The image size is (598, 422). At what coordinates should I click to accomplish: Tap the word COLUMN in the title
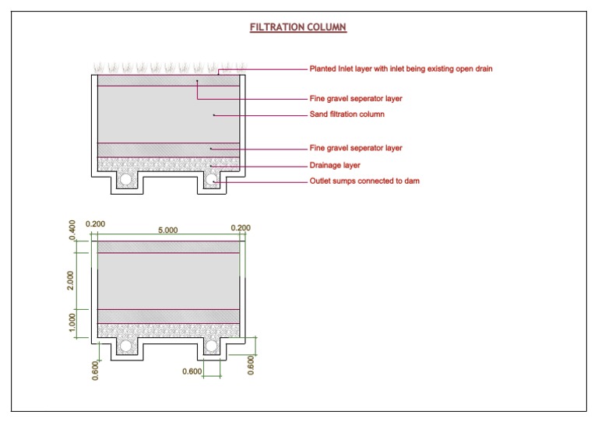[x=328, y=27]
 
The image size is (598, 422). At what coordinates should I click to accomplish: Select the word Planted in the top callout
[x=324, y=69]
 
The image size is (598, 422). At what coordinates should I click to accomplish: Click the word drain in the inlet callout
[x=483, y=69]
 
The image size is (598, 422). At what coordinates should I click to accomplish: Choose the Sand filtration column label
[x=347, y=114]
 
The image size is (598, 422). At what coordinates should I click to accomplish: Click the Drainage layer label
[x=335, y=165]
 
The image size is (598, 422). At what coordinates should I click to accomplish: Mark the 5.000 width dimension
[x=168, y=230]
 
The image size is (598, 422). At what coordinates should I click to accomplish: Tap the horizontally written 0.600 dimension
[x=192, y=372]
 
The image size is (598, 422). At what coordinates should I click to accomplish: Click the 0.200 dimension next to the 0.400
[x=95, y=224]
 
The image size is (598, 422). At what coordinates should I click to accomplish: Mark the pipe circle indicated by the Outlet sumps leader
[x=212, y=180]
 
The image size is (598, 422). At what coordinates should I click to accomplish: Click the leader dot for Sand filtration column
[x=213, y=115]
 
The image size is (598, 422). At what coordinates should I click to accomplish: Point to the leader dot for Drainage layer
[x=211, y=166]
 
